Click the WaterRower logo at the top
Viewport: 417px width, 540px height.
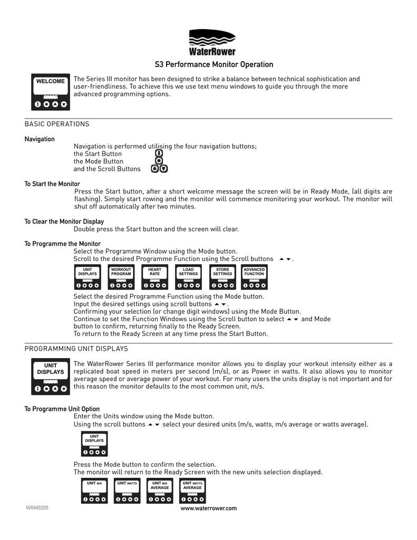coord(212,42)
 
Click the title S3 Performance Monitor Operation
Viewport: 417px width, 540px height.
coord(214,65)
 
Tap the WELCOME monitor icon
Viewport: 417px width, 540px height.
coord(51,92)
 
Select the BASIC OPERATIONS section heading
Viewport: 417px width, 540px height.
coord(57,124)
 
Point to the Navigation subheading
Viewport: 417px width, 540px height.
coord(40,139)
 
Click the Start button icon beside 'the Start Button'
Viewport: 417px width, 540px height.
coord(159,153)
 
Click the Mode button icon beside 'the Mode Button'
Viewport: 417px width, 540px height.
coord(159,161)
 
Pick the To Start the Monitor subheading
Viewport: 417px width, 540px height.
coord(52,184)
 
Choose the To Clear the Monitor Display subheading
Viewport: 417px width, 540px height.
coord(64,221)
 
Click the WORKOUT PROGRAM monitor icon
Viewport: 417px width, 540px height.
coord(121,277)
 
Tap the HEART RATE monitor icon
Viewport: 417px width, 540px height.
coord(155,277)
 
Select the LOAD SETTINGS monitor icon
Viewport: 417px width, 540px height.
coord(188,277)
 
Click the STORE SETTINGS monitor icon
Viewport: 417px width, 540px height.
coord(222,277)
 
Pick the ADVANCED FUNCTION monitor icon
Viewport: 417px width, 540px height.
coord(254,277)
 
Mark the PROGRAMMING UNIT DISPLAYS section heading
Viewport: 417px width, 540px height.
coord(76,349)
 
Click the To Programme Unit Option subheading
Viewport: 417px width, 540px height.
coord(62,409)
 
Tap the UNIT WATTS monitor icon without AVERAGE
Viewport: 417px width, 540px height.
coord(127,491)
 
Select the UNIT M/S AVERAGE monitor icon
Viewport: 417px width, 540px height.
coord(160,491)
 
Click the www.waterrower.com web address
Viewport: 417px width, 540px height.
coord(209,508)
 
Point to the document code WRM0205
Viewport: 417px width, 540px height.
coord(37,508)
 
